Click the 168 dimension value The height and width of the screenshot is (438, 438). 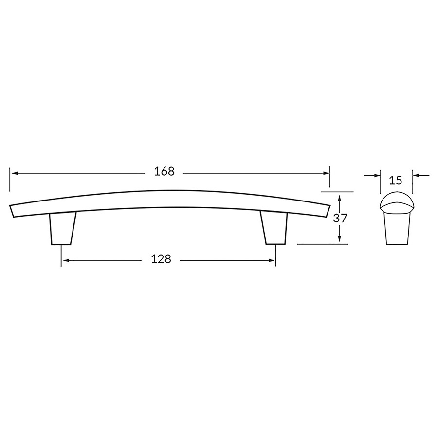(x=164, y=172)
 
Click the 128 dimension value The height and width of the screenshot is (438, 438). (x=161, y=260)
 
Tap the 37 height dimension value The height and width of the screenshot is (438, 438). (x=340, y=219)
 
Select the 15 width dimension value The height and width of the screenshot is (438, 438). (x=396, y=181)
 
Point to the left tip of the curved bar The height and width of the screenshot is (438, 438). (x=12, y=210)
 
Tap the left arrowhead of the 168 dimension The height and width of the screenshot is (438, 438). (x=14, y=173)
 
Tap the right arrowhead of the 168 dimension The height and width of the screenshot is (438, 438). (x=326, y=173)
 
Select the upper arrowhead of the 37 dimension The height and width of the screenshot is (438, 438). (x=340, y=196)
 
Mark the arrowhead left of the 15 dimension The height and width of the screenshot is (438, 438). (x=377, y=175)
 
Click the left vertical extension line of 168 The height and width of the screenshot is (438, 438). (x=10, y=180)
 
